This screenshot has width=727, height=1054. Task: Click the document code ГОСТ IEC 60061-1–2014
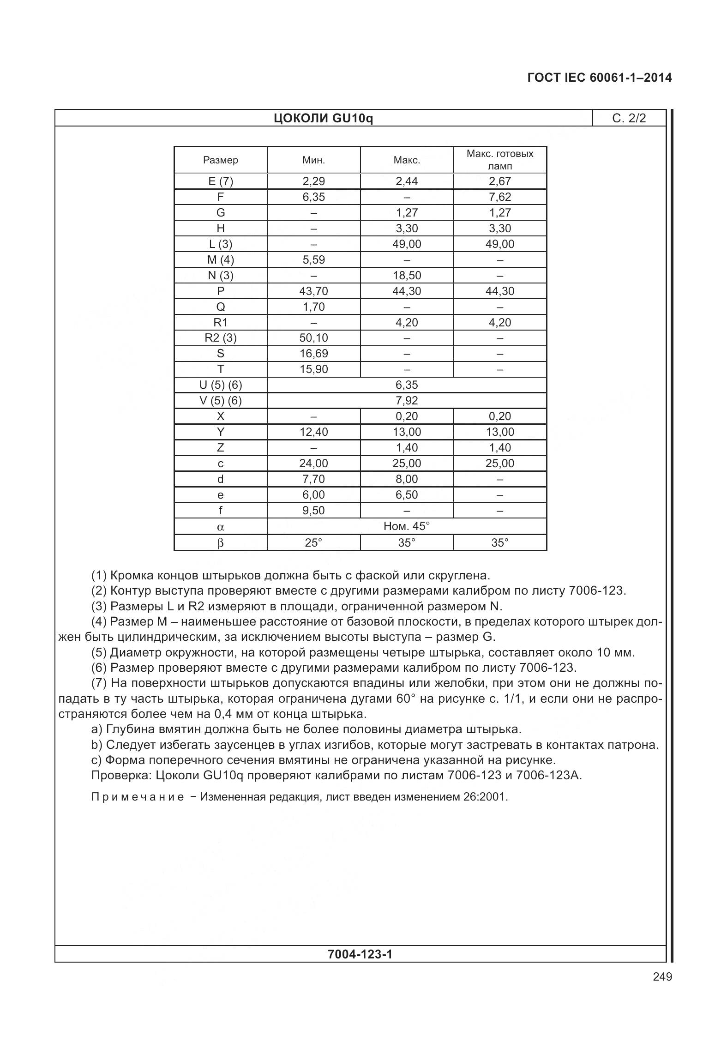(599, 78)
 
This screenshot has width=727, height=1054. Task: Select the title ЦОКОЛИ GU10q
(323, 119)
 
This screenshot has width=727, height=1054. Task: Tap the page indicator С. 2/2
(629, 119)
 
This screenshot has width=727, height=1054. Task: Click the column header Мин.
(313, 160)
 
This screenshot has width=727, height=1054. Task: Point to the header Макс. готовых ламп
(499, 160)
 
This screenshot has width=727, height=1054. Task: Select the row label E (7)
(221, 181)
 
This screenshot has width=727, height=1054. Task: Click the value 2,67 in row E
(499, 181)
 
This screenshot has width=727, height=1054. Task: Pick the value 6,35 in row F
(313, 197)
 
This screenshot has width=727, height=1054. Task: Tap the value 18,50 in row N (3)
(406, 276)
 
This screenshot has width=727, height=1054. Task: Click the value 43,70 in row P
(313, 291)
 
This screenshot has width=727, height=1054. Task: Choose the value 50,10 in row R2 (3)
(313, 338)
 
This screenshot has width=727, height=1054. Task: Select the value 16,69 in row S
(313, 354)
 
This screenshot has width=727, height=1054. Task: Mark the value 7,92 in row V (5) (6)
(406, 401)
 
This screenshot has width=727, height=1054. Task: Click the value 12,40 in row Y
(313, 432)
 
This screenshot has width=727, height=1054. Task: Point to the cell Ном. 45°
(406, 526)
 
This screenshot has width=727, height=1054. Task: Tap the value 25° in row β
(313, 543)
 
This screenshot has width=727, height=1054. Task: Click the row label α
(221, 527)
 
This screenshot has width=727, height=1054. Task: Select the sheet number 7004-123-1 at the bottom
(360, 954)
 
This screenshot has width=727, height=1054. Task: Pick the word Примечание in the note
(138, 797)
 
